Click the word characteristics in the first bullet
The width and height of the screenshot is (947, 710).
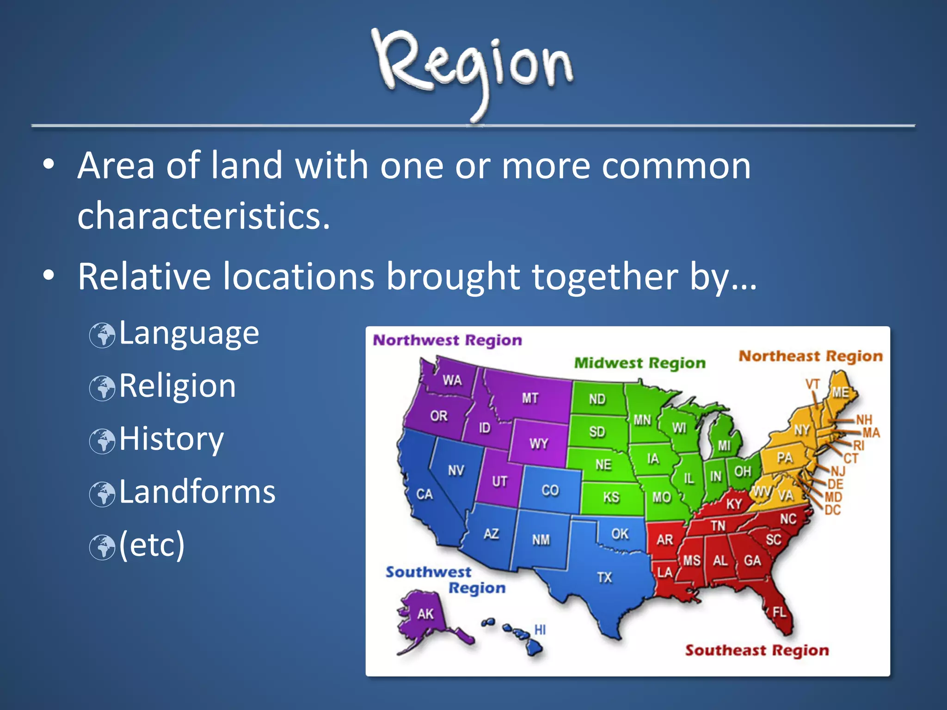click(203, 216)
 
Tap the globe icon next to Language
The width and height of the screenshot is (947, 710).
click(102, 335)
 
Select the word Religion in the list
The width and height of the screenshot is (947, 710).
click(178, 386)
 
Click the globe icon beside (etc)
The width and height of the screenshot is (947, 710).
click(102, 547)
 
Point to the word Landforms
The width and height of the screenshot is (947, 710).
click(197, 492)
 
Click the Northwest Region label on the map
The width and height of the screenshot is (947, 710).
click(447, 340)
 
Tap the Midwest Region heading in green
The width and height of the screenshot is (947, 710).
click(640, 363)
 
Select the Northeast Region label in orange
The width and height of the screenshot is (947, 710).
click(811, 356)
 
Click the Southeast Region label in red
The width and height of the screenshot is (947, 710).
click(757, 650)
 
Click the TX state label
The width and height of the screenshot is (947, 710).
click(604, 577)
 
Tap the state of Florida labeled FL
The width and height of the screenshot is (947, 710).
click(779, 612)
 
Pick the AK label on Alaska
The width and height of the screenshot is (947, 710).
click(425, 614)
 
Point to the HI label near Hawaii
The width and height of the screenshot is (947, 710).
click(540, 630)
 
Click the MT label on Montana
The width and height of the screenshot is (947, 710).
click(530, 398)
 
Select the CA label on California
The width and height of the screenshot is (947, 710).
click(424, 494)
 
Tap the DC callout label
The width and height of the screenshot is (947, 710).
click(832, 510)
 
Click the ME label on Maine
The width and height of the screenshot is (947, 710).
click(841, 392)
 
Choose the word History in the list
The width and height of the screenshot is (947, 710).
click(172, 439)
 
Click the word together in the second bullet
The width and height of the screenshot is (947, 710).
click(605, 277)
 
